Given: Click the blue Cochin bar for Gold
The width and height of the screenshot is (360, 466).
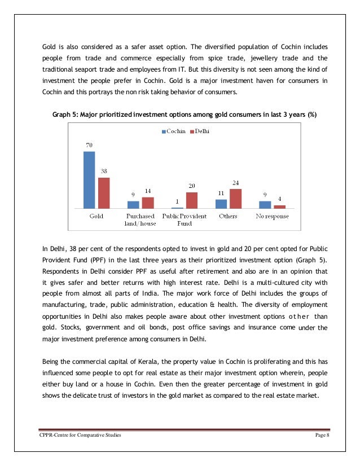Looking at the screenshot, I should click(x=89, y=180).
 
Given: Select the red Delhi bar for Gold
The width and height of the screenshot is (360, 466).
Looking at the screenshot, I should click(x=103, y=193).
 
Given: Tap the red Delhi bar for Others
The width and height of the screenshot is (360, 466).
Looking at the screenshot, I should click(x=235, y=199).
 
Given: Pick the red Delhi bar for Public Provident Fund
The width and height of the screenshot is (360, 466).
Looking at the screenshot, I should click(x=192, y=200).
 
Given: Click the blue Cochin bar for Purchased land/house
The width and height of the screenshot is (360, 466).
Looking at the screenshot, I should click(x=133, y=205).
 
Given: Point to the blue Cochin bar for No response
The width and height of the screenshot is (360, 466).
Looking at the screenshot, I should click(x=265, y=205).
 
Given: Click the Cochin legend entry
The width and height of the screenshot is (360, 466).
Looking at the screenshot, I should click(x=174, y=131).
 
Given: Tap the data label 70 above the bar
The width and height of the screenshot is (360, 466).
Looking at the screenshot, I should click(x=89, y=146).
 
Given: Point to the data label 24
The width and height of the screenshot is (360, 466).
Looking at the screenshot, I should click(x=235, y=182).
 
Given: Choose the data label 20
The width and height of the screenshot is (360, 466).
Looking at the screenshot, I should click(x=192, y=186).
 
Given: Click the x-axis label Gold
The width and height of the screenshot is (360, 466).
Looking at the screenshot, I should click(x=96, y=216).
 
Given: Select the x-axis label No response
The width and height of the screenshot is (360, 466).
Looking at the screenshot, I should click(x=272, y=216).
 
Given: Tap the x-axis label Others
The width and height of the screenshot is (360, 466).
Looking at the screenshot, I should click(x=228, y=216).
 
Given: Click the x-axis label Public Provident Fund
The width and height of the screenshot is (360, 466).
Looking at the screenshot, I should click(x=184, y=219).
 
